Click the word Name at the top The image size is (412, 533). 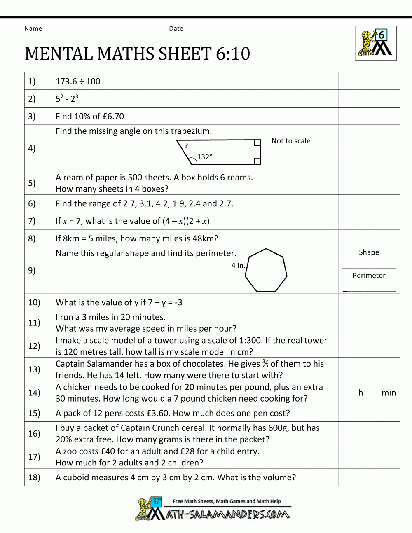(33, 28)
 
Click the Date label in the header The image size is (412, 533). (176, 28)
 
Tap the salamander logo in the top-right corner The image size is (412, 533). (376, 43)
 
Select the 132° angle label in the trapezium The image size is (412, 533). (204, 157)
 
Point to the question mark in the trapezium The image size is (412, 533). (186, 145)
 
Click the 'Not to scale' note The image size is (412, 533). (291, 141)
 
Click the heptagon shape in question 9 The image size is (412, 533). (266, 271)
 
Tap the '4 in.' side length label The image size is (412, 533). (238, 266)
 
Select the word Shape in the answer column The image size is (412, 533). (369, 252)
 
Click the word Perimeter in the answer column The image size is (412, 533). (369, 276)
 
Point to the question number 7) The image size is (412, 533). (32, 221)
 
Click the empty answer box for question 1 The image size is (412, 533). (369, 81)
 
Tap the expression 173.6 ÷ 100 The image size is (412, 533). (78, 82)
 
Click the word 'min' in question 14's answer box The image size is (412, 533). (389, 393)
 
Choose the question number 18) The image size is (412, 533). (34, 477)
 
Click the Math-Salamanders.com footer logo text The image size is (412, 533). (228, 514)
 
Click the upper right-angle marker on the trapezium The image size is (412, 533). (257, 143)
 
